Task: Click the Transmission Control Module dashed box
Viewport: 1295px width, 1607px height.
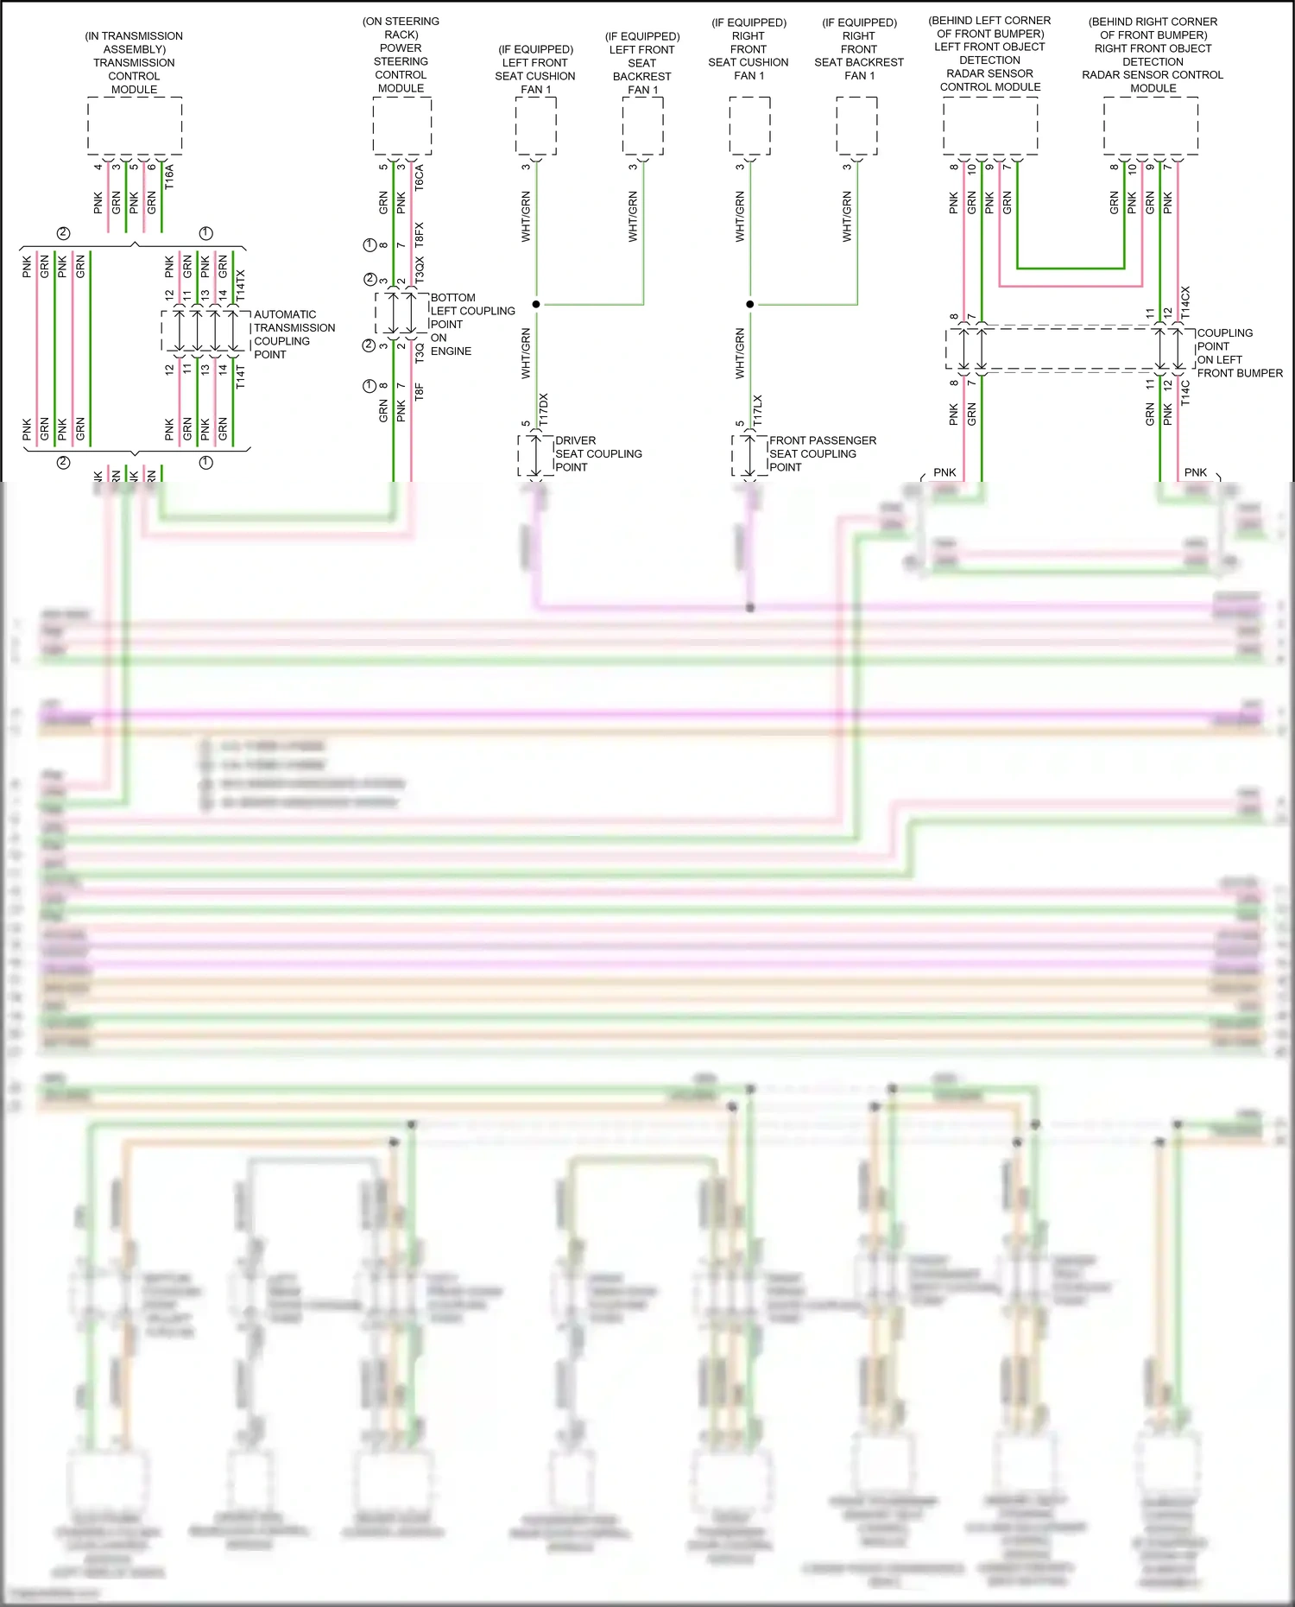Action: (135, 126)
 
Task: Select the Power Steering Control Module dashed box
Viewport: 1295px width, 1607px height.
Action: (402, 126)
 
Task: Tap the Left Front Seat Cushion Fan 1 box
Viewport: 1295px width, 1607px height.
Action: (536, 126)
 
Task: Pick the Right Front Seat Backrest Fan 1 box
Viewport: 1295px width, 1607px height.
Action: (856, 126)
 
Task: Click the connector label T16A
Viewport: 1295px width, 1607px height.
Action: (169, 177)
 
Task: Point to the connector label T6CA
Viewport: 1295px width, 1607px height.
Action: (420, 178)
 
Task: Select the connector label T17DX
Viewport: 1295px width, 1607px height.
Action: (543, 409)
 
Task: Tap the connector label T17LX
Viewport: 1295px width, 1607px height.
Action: (757, 411)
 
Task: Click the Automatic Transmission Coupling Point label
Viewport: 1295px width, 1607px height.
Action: (294, 334)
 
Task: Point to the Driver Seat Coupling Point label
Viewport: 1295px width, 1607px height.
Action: (597, 453)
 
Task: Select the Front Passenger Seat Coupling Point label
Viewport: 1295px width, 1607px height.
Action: (822, 453)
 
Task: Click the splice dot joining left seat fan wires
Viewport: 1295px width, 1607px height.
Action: (536, 304)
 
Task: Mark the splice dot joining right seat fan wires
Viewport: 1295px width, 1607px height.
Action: (750, 304)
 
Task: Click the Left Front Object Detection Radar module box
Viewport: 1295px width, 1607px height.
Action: (990, 126)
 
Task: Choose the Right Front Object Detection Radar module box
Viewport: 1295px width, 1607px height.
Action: (1151, 126)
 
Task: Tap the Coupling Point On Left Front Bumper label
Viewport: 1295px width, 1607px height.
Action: (1238, 353)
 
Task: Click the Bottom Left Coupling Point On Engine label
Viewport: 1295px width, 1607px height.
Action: (471, 324)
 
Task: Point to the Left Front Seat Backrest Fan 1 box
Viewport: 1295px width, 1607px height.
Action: (643, 126)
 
